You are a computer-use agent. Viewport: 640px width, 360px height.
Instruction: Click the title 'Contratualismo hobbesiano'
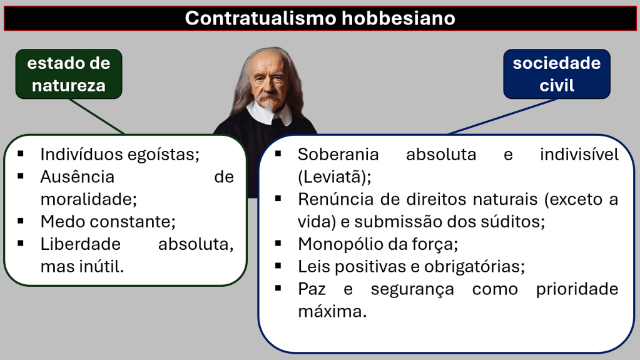320,18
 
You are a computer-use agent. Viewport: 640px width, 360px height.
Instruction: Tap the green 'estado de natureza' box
69,74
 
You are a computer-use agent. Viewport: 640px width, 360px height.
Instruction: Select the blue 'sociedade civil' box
557,74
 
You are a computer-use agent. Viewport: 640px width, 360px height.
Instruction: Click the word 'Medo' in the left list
63,222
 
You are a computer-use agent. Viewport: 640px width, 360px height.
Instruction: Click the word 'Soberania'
338,155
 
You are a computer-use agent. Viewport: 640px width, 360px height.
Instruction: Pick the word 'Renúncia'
335,200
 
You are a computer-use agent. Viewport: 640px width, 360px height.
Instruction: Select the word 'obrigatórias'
475,267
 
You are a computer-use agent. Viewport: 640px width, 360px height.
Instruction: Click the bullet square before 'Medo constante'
21,221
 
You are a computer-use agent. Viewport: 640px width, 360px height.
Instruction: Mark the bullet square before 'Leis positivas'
278,266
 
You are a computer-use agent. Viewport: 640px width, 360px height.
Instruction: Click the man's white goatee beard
270,104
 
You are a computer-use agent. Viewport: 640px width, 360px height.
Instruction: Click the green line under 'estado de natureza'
97,116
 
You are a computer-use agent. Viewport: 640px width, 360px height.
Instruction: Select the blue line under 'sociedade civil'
502,116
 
